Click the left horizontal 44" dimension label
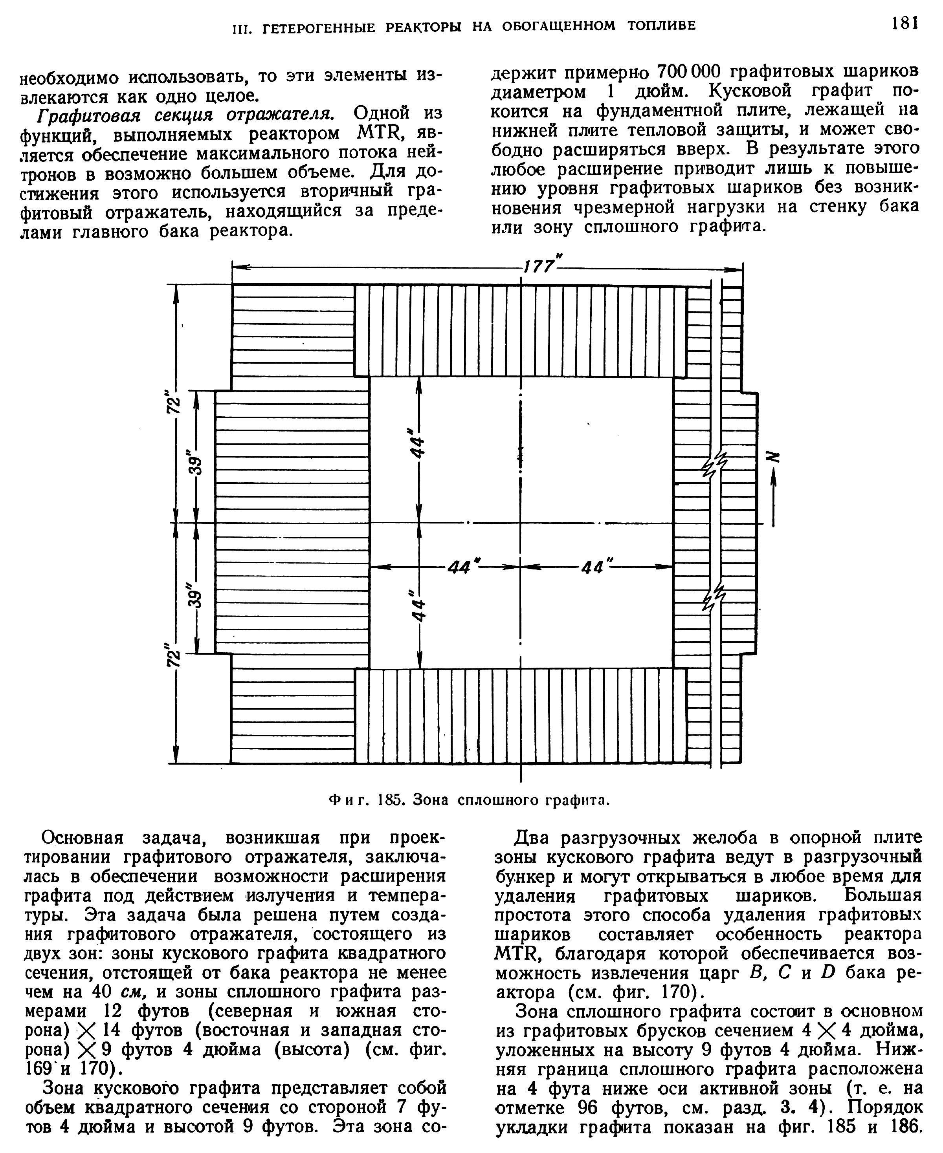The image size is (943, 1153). pyautogui.click(x=460, y=568)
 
